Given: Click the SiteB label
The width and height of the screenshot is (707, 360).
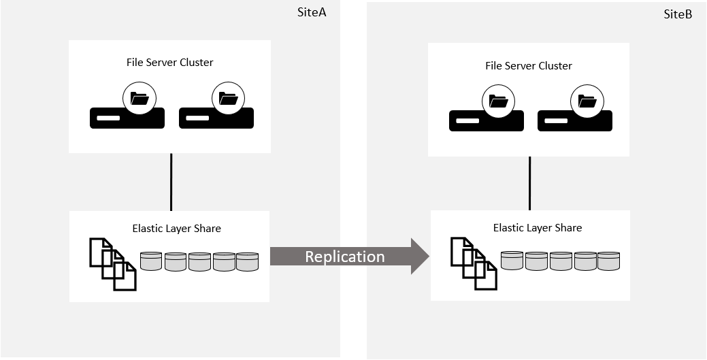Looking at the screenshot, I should tap(678, 14).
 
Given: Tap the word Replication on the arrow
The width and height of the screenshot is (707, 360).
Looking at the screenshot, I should tap(344, 257).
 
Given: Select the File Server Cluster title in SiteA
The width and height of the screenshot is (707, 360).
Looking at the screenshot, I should tap(169, 62).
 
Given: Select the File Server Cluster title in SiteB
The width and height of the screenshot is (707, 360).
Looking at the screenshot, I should tap(528, 66).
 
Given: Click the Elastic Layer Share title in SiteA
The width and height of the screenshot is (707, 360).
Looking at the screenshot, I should tap(176, 229).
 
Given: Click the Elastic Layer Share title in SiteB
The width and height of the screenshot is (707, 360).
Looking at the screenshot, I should tap(538, 227).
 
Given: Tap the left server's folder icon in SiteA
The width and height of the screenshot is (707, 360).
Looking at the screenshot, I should tap(139, 99).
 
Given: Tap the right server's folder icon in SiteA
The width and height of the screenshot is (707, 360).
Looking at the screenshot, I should tap(228, 99).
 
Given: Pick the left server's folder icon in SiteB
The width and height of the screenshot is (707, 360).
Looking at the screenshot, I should tap(499, 102).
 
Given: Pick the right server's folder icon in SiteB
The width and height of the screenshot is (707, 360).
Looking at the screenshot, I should tap(587, 102).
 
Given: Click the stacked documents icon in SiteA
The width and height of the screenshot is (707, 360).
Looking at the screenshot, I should tap(113, 263).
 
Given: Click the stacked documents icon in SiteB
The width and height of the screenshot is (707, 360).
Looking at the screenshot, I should tap(474, 263).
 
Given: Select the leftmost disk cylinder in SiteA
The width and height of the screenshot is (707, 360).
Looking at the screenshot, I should tap(151, 261).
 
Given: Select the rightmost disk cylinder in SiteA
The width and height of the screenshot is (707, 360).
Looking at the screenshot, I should tap(248, 261).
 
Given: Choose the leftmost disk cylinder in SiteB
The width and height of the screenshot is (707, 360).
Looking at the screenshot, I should tap(512, 261).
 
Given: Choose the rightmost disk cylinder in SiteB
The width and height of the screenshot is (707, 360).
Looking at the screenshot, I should tap(608, 261).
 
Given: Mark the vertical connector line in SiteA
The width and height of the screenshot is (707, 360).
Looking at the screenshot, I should tap(171, 182).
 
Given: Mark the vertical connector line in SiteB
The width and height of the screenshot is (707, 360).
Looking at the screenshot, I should tap(530, 183).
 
